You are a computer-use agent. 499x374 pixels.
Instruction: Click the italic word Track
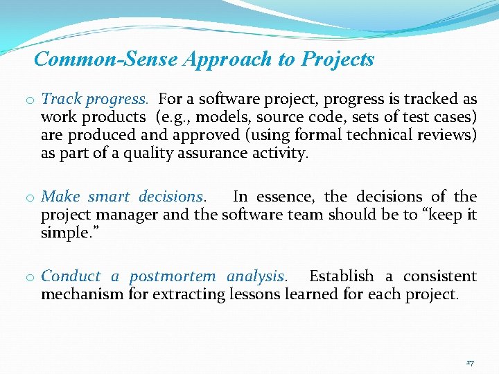pos(59,99)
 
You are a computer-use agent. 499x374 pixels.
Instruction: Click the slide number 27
pos(470,362)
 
